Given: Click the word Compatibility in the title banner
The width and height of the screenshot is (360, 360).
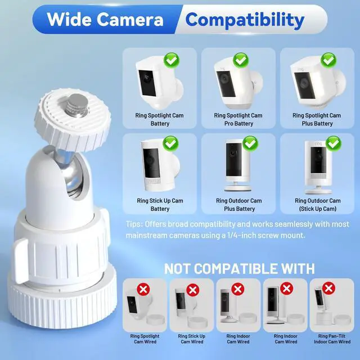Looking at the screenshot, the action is coord(245,20).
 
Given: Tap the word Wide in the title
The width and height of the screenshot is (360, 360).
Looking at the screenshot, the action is coord(69,19).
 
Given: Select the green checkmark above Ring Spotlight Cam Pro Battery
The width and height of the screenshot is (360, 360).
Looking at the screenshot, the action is coord(240,61).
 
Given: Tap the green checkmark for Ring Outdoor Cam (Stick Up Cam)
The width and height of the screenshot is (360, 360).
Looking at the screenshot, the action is coord(334,143).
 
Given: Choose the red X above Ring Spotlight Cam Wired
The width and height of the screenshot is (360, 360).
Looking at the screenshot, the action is coord(143,289).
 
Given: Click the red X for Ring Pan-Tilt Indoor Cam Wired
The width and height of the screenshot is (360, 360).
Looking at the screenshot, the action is coord(328,288).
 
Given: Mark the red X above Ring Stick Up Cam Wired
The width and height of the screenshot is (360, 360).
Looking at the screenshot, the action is coord(192,290).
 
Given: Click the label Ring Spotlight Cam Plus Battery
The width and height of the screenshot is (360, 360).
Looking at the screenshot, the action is coord(317,119).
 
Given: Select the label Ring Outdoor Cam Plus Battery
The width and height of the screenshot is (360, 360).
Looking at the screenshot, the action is coord(239,205).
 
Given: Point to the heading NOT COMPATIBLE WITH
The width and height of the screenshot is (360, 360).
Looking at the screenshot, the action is coord(240,269).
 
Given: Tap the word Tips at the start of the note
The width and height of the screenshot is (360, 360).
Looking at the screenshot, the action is coord(134,224).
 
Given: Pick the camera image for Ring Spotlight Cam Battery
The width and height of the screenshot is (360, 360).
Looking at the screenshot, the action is coord(159,83).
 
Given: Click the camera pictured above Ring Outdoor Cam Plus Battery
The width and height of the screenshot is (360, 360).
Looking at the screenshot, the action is coord(237,165).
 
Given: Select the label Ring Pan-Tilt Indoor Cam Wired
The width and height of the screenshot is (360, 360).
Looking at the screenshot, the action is coord(332,339).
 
